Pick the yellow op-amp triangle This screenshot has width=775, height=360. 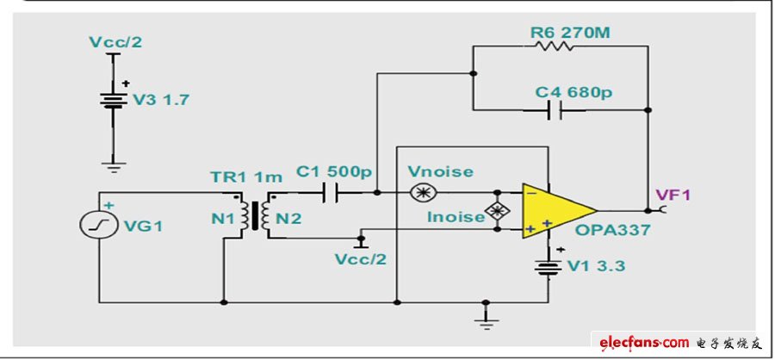pyautogui.click(x=555, y=208)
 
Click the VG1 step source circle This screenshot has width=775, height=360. pyautogui.click(x=92, y=225)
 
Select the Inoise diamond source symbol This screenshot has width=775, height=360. pyautogui.click(x=496, y=211)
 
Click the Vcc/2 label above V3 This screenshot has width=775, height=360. pyautogui.click(x=113, y=41)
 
